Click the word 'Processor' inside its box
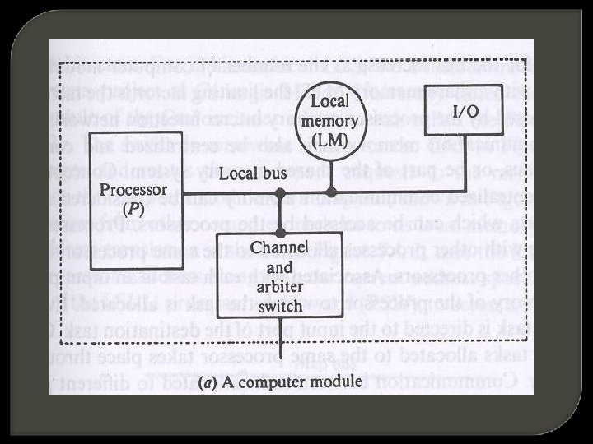pyautogui.click(x=132, y=189)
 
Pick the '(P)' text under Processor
pyautogui.click(x=133, y=209)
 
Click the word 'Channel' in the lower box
pyautogui.click(x=279, y=247)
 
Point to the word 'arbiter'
pyautogui.click(x=279, y=285)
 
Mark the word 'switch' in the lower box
pyautogui.click(x=280, y=304)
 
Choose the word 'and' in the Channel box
pyautogui.click(x=278, y=266)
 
